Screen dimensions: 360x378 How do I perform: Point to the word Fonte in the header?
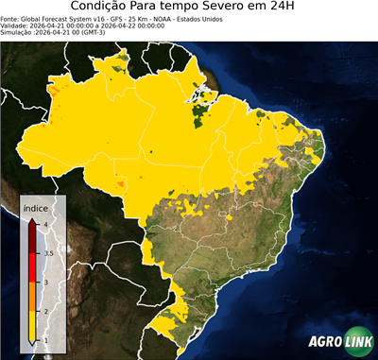pyautogui.click(x=10, y=18)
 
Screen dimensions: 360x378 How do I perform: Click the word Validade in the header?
pyautogui.click(x=16, y=25)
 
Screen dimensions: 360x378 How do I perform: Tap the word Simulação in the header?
pyautogui.click(x=18, y=32)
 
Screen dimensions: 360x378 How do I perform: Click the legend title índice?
pyautogui.click(x=34, y=207)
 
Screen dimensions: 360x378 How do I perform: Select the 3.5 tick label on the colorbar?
pyautogui.click(x=47, y=253)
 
